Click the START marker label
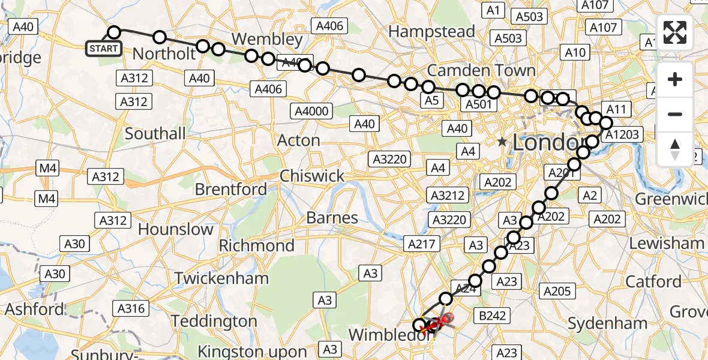coord(104,49)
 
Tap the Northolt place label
coord(164,54)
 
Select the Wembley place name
coord(267,39)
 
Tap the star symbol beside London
coord(502,142)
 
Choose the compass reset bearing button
coord(675,149)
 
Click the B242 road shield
coord(490,316)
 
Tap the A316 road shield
coord(131,308)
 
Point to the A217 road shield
coord(423,244)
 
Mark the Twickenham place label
coord(221,278)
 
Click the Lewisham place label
coord(667,243)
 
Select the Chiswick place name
coord(312,176)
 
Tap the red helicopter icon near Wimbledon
coord(443,323)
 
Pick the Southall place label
coord(155,133)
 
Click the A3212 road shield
coord(448,195)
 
